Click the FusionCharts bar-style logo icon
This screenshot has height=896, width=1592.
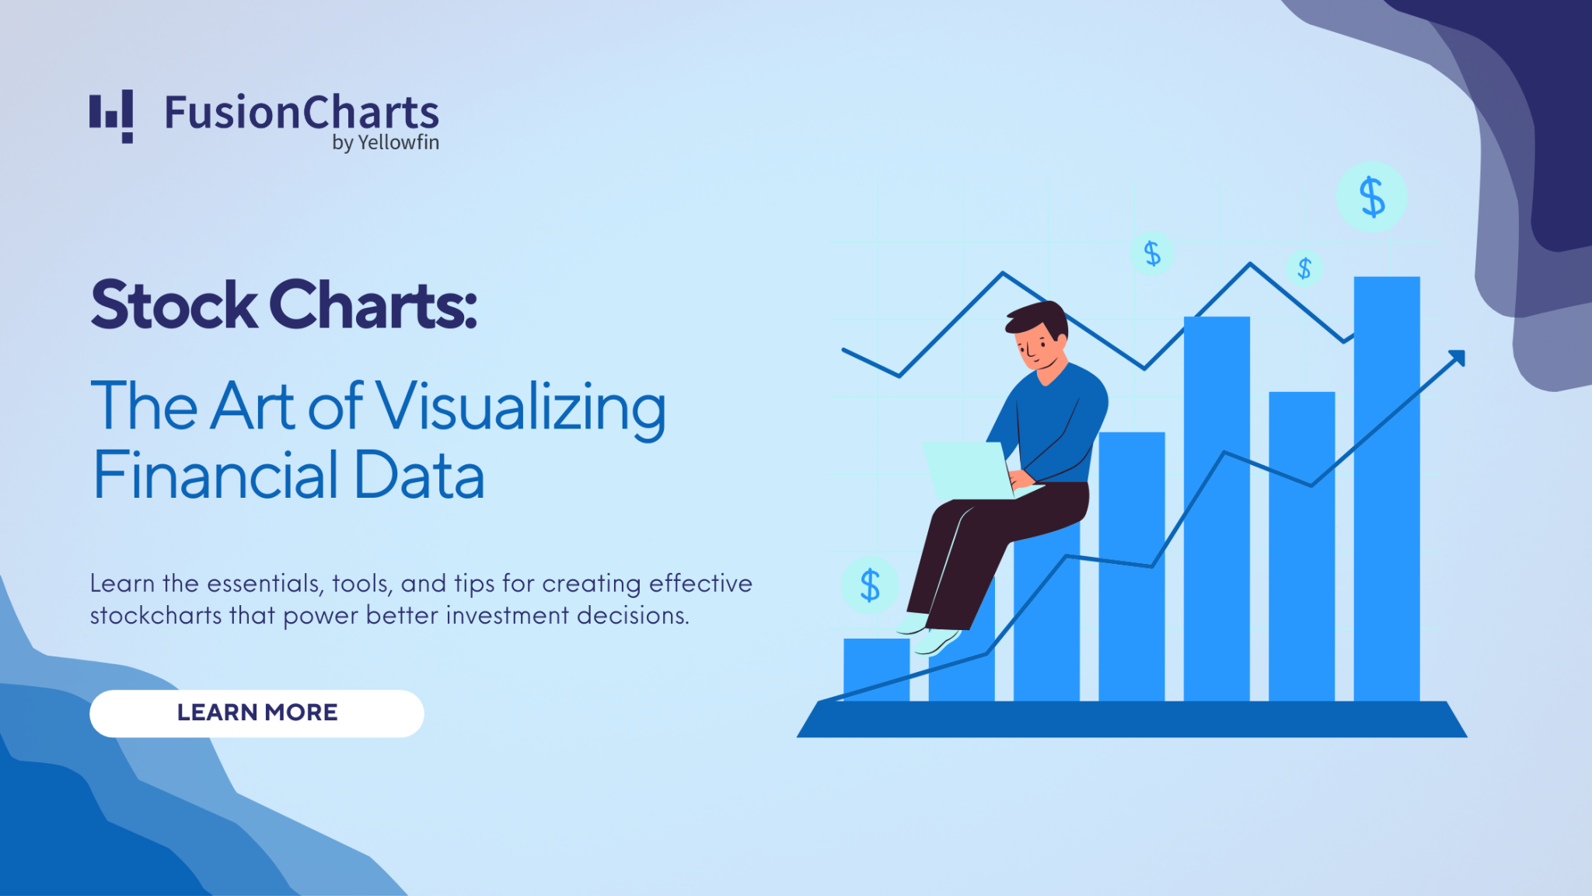[111, 117]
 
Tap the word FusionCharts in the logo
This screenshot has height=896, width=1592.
[302, 113]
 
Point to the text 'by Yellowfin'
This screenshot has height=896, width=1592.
[386, 143]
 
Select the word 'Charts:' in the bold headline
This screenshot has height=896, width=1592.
[373, 305]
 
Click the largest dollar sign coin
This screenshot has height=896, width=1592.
[1372, 197]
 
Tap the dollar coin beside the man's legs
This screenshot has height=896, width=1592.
[870, 585]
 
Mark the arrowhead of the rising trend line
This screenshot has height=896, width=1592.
[1457, 359]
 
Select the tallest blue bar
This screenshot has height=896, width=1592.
[1387, 488]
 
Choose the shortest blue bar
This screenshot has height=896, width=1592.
[876, 670]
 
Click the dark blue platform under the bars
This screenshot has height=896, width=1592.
[1132, 719]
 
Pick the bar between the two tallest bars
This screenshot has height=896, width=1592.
[1302, 546]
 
